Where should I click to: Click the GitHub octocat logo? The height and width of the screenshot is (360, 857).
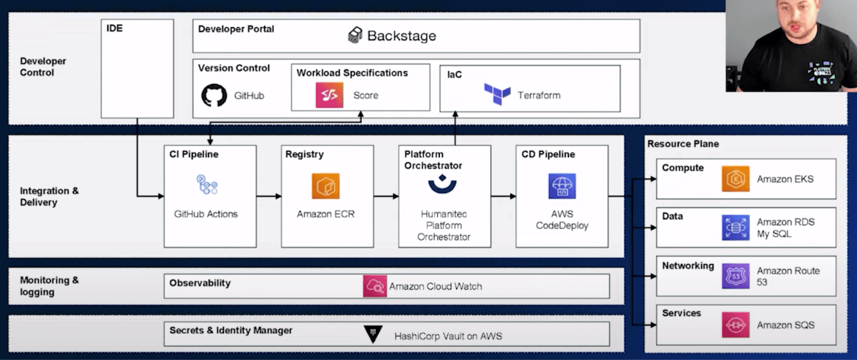tap(214, 95)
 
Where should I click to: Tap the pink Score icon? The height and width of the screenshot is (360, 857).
tap(329, 95)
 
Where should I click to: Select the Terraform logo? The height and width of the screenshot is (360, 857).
tap(497, 94)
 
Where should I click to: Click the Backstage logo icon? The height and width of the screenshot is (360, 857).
tap(355, 35)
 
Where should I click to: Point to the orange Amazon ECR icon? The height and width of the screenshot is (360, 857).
tap(326, 186)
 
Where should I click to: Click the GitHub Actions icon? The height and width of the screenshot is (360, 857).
tap(207, 184)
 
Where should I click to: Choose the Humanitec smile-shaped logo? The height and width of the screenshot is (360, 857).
tap(442, 185)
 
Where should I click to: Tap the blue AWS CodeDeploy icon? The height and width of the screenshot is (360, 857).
tap(562, 186)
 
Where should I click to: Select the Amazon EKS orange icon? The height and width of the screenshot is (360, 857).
tap(735, 179)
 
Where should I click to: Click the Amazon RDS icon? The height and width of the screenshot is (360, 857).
tap(735, 228)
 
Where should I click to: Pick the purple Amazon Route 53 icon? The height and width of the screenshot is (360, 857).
tap(735, 276)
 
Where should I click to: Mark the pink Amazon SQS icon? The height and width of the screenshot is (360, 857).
tap(735, 325)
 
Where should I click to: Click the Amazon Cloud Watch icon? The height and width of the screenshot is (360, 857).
tap(374, 286)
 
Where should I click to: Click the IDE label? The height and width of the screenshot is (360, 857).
tap(115, 28)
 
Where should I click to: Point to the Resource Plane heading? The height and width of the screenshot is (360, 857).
tap(683, 144)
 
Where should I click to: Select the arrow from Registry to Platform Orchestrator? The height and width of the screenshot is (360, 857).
tap(386, 197)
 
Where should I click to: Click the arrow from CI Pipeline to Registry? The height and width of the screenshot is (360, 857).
tap(268, 197)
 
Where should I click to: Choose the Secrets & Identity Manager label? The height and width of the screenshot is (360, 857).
tap(231, 331)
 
